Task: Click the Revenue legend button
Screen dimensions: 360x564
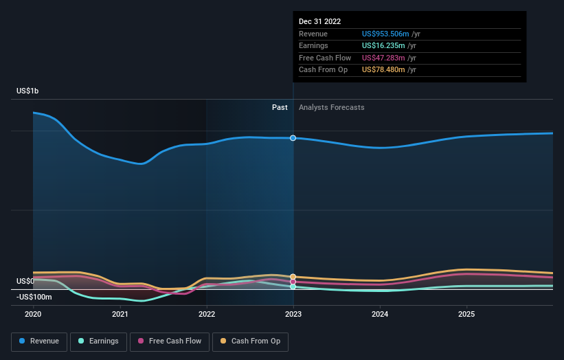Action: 39,341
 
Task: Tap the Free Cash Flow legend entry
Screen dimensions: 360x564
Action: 169,341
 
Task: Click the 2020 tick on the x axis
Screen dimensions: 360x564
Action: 33,314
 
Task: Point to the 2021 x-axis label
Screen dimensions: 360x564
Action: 120,314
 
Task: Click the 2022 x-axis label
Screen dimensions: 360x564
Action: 207,314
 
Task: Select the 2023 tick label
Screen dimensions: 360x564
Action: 293,314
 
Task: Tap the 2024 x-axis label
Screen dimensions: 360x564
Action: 380,314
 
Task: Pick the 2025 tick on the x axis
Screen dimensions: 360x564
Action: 466,314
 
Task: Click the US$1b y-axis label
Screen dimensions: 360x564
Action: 28,91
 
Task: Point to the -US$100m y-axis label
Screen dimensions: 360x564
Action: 34,297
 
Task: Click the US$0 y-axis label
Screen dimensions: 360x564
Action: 25,282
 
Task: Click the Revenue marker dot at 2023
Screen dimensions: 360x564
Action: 293,138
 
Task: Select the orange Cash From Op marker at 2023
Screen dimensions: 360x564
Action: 293,277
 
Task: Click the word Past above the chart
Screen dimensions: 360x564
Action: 280,107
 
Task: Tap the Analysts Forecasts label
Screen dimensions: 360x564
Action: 331,107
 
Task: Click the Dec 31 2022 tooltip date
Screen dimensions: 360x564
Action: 320,22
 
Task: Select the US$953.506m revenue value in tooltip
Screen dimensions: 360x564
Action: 385,34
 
